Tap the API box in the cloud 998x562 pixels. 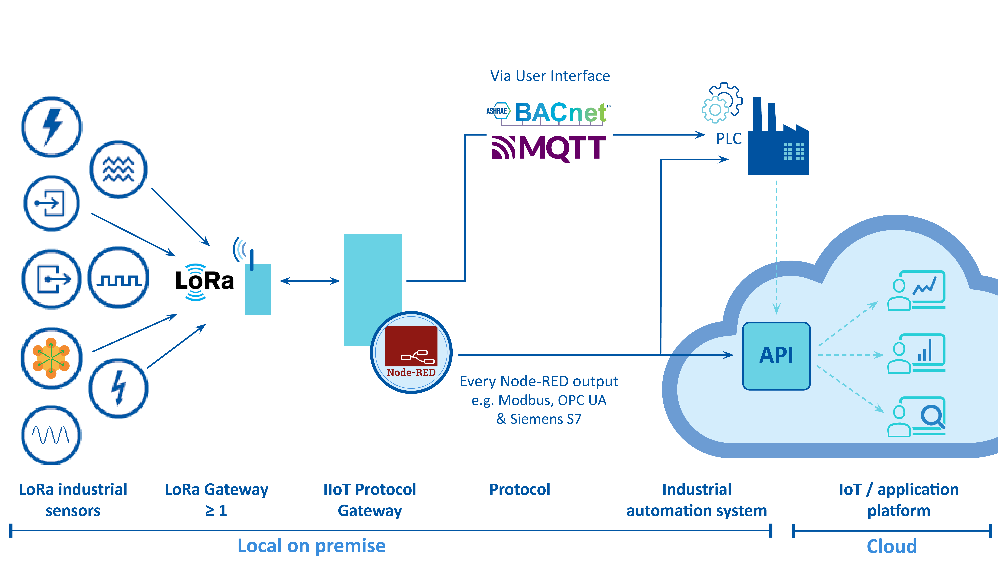776,355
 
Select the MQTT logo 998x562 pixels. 548,148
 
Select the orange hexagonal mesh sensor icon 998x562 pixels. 51,358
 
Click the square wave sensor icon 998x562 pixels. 119,278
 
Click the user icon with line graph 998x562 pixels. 916,290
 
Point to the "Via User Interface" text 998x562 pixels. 550,76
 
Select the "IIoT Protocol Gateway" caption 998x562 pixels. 370,500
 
